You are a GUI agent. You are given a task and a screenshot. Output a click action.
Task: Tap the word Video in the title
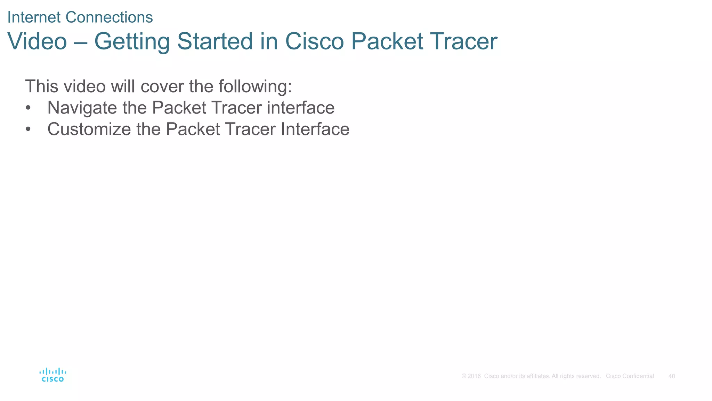(x=37, y=41)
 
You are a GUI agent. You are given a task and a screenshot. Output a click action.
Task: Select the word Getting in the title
(x=132, y=41)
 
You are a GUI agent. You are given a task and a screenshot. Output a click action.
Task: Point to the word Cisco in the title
(x=314, y=41)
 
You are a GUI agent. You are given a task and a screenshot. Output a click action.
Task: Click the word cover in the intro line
(x=162, y=86)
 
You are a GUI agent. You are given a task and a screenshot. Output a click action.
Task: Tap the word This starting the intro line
(x=42, y=86)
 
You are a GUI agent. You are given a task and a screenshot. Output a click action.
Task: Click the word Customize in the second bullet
(x=89, y=129)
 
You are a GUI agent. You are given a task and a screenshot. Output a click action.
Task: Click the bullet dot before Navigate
(x=28, y=108)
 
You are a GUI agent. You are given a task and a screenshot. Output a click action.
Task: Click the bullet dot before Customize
(x=28, y=129)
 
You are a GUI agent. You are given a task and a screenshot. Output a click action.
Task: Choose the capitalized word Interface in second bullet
(x=315, y=129)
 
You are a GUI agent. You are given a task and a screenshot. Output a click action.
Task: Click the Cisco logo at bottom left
(x=52, y=375)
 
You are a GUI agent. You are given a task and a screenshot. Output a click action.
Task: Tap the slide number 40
(x=672, y=376)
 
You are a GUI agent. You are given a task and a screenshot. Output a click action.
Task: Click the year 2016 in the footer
(x=474, y=376)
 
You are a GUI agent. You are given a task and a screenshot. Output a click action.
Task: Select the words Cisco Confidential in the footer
(x=630, y=376)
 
